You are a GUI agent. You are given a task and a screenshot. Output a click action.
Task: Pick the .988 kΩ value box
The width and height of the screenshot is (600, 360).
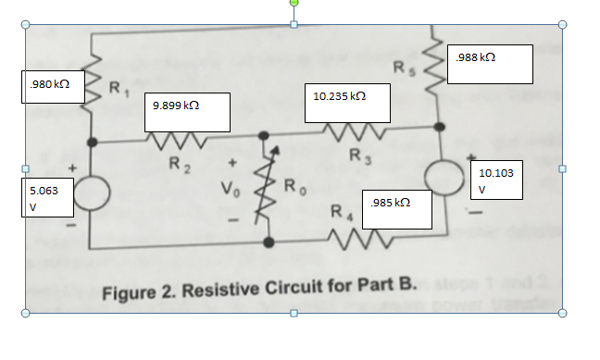tap(489, 64)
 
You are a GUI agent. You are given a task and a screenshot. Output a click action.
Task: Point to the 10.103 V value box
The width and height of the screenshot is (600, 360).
tap(498, 180)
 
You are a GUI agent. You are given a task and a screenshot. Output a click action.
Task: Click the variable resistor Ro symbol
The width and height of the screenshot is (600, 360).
tap(269, 191)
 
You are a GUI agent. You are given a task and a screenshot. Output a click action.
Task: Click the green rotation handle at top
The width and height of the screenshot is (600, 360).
tap(294, 4)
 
